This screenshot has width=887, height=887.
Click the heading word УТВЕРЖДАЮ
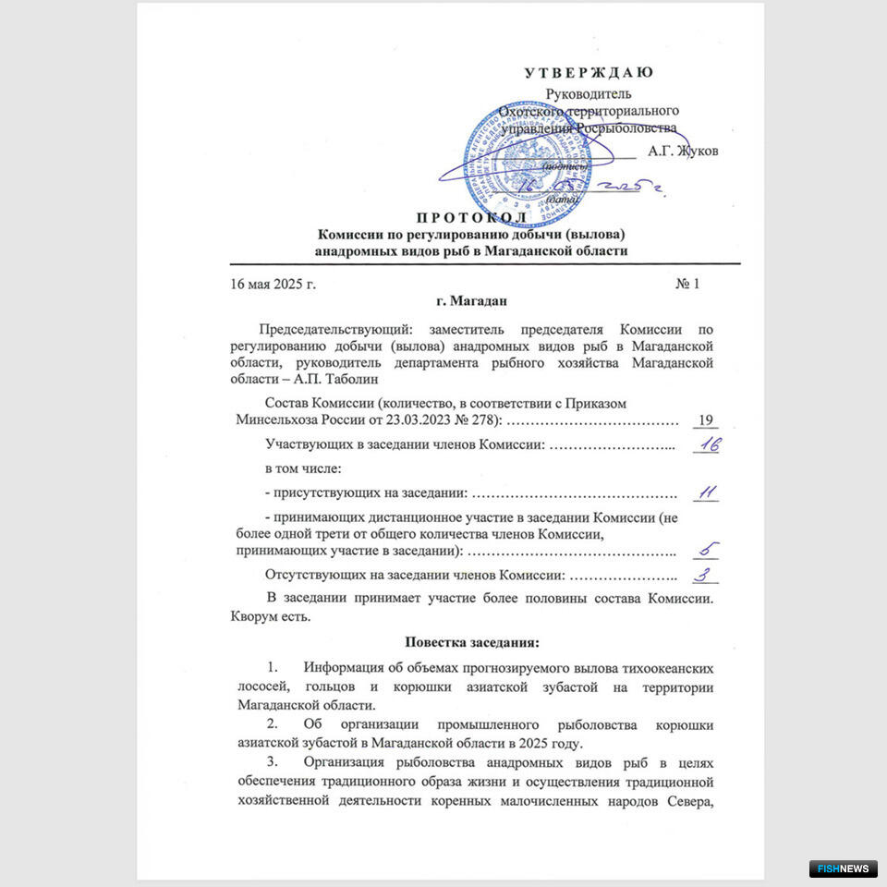point(589,73)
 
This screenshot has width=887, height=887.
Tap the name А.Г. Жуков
point(683,151)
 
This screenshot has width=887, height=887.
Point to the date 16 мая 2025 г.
point(273,283)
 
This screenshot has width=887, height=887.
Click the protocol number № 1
point(687,283)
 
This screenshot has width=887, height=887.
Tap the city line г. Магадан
point(470,300)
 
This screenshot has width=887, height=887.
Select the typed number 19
point(706,421)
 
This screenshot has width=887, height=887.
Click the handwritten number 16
point(707,445)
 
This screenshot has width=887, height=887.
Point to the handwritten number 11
point(707,492)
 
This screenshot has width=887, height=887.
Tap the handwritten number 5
point(708,551)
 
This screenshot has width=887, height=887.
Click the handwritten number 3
point(706,575)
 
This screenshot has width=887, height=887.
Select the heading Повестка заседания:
point(471,641)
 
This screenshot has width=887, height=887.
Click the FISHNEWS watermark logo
point(842,869)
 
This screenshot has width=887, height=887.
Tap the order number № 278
point(472,421)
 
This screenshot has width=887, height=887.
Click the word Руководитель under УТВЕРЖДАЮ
point(589,93)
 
